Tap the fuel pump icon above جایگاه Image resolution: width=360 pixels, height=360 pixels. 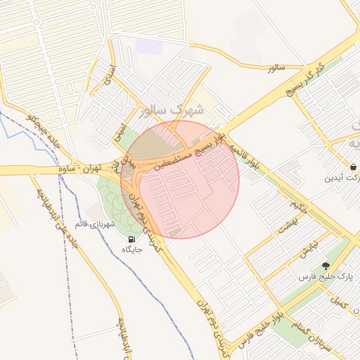pyautogui.click(x=132, y=239)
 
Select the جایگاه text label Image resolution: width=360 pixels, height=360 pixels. pyautogui.click(x=132, y=250)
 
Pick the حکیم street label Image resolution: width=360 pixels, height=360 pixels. pyautogui.click(x=298, y=209)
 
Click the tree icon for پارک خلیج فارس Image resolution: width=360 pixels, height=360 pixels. pyautogui.click(x=325, y=266)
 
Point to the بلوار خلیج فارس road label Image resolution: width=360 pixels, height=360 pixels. pyautogui.click(x=270, y=321)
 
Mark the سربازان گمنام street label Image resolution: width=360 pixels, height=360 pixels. pyautogui.click(x=309, y=330)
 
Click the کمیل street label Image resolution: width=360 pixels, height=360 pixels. pyautogui.click(x=342, y=304)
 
